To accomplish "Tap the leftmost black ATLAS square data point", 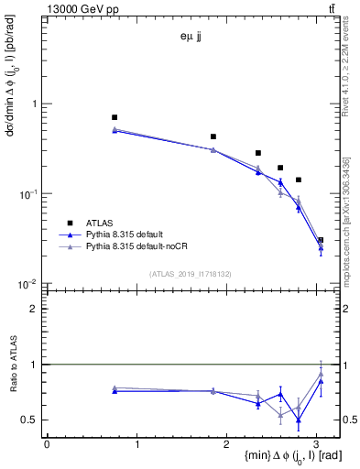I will tap(115, 117).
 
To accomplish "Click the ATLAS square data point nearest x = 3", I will tap(321, 240).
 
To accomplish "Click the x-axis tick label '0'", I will tap(47, 444).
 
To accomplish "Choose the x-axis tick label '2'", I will tap(227, 444).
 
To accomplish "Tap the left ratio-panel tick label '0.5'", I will tap(30, 420).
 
